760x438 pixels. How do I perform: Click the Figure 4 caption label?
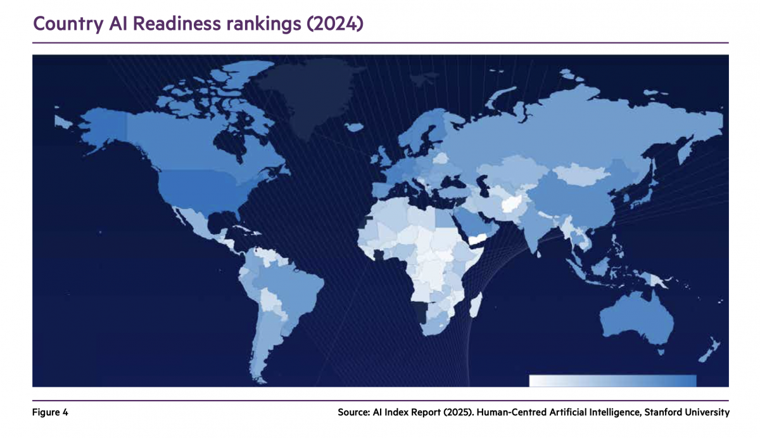[50, 413]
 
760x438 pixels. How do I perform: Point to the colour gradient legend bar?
[612, 380]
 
